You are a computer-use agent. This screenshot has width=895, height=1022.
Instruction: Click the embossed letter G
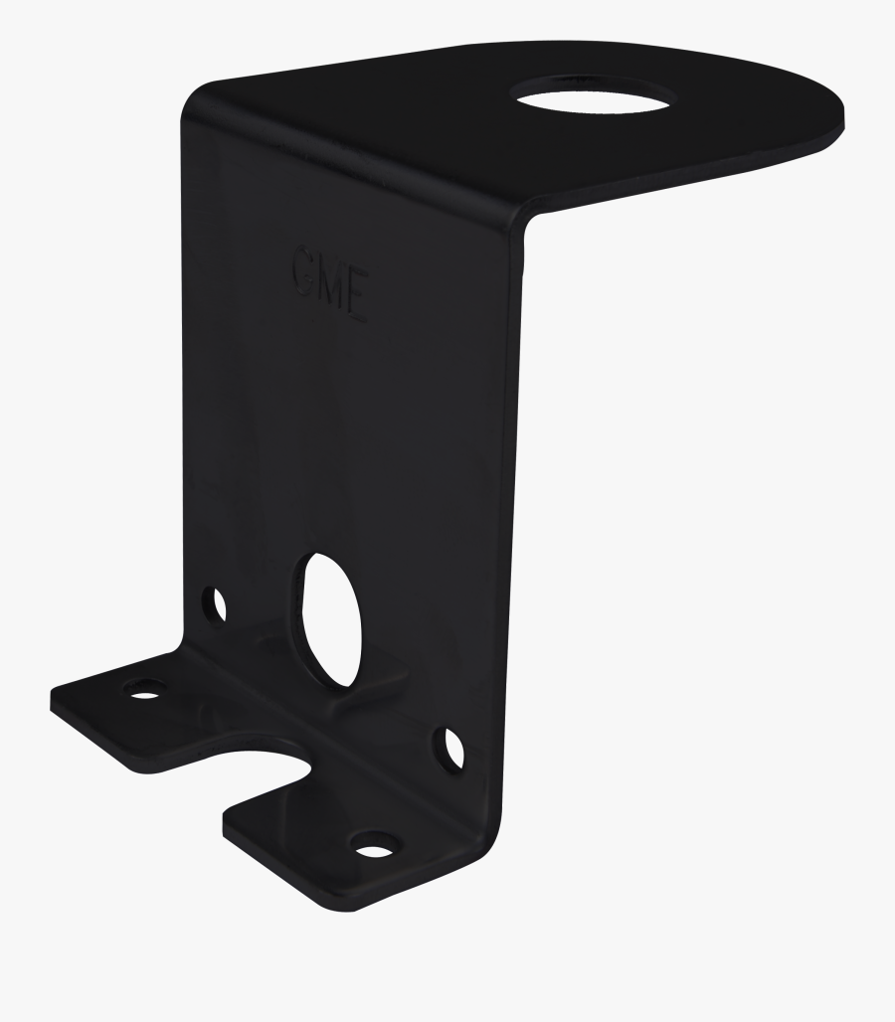306,267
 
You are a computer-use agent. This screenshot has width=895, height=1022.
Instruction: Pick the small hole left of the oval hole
214,602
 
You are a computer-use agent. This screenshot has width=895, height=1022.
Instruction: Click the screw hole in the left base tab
145,687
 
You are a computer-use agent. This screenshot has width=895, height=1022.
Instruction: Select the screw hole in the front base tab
373,847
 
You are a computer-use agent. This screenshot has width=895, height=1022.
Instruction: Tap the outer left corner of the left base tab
53,695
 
